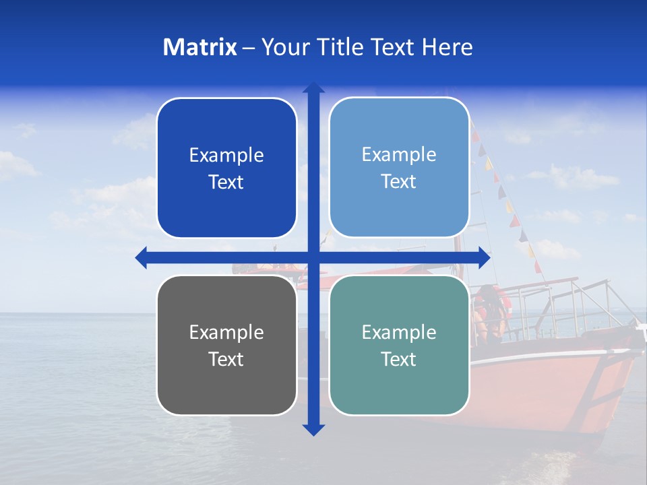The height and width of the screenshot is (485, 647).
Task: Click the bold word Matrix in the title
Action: coord(200,47)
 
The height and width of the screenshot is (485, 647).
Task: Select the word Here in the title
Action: coord(447,47)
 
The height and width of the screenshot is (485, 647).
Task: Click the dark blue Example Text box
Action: coord(226,168)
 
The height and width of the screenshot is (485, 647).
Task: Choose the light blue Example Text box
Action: coord(399,168)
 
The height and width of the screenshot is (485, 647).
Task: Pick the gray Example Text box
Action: coord(226,345)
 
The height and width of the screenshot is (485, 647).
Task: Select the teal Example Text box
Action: coord(399,345)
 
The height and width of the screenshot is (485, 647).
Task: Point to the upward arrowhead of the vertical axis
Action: coord(313,88)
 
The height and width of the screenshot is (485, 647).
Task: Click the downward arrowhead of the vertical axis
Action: coord(313,429)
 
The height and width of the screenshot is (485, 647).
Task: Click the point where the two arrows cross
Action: coord(313,257)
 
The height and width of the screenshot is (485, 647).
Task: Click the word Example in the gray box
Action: coord(226,332)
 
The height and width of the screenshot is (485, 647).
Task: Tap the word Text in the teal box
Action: coord(399,359)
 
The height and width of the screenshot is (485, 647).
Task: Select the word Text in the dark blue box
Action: coord(226,183)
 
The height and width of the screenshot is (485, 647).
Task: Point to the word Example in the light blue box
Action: coord(399,154)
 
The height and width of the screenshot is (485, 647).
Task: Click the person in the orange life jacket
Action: coord(489,310)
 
